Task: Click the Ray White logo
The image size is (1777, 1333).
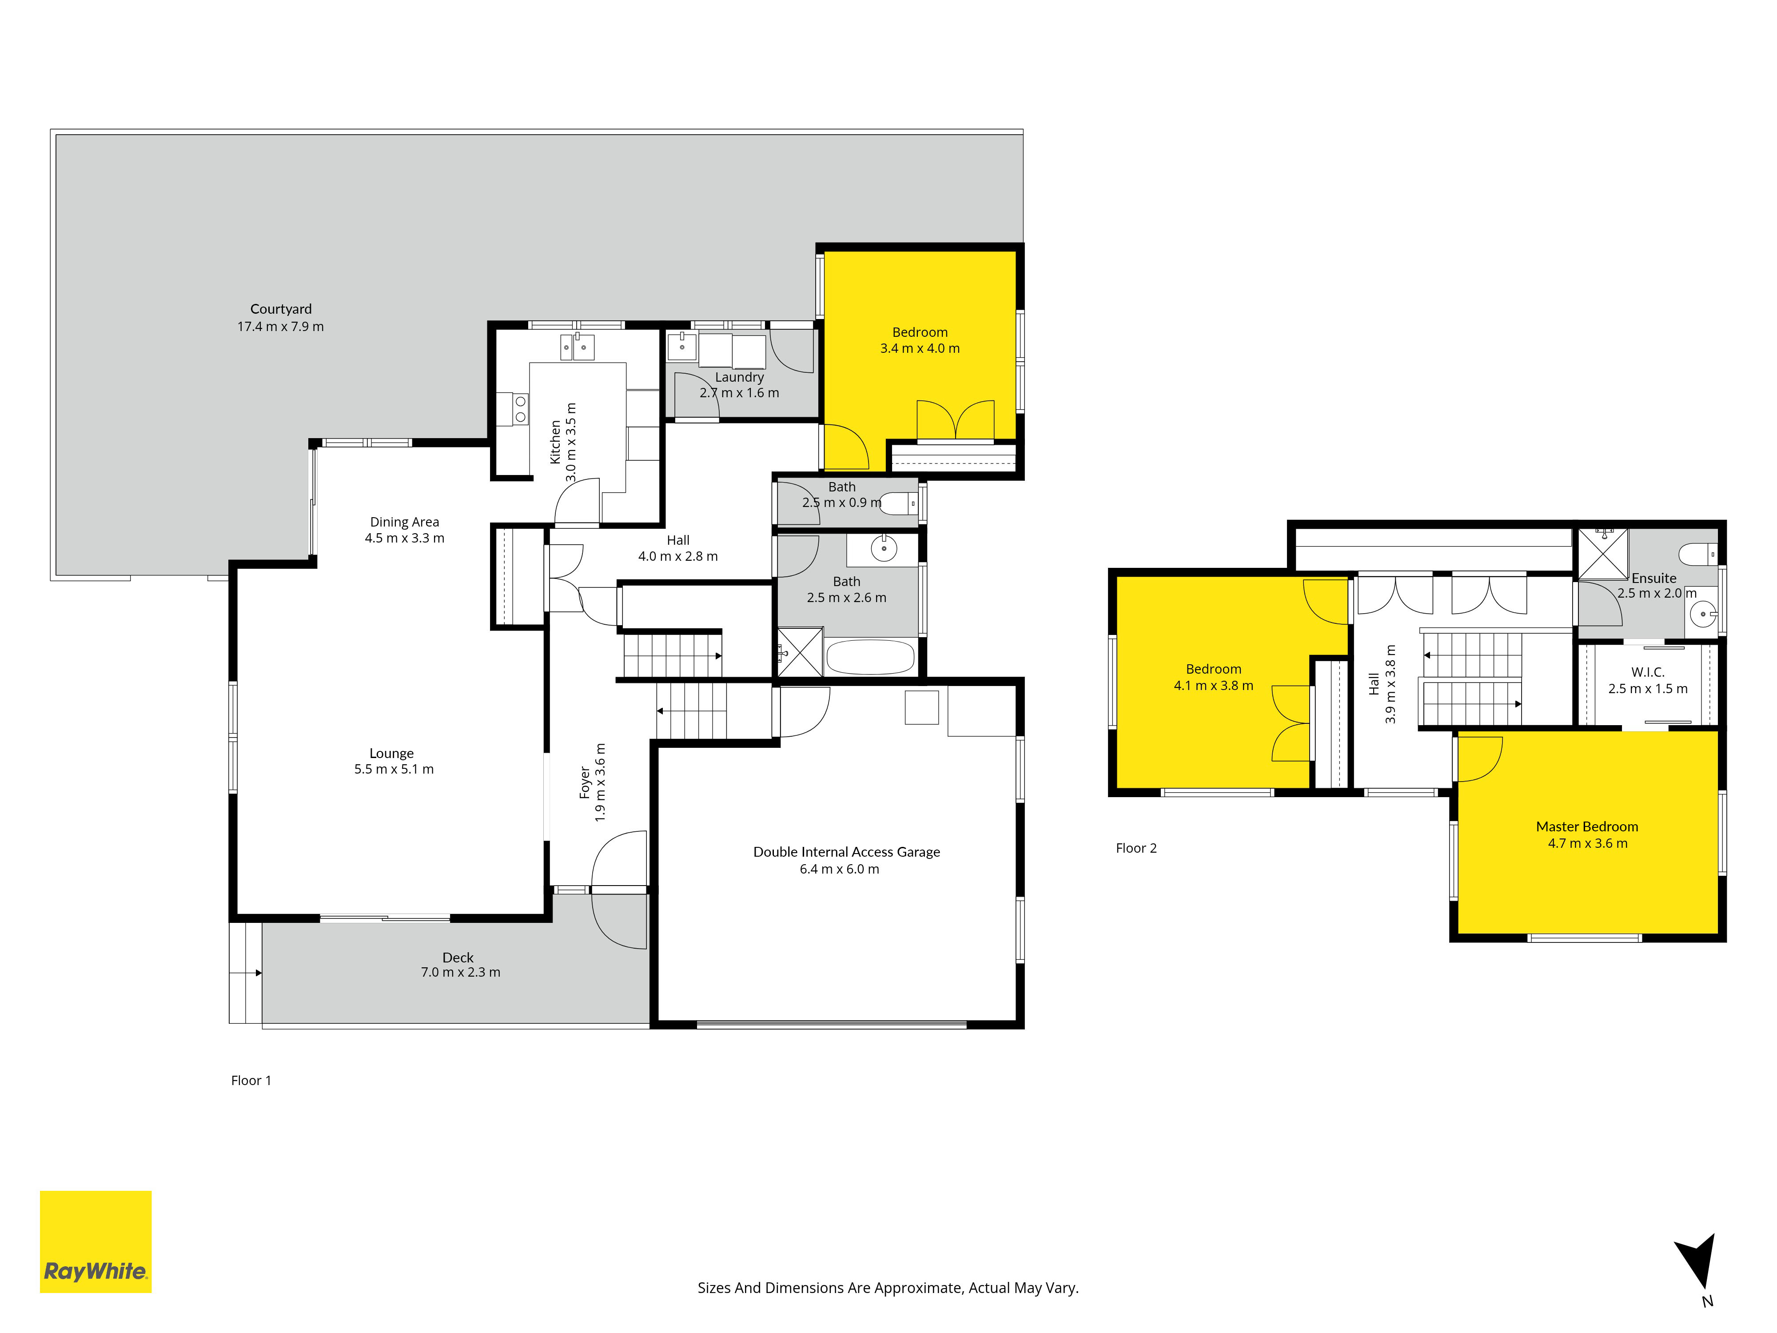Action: pos(96,1241)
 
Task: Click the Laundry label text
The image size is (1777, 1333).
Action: pos(739,377)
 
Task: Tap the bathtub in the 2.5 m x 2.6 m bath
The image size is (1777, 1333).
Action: pos(870,656)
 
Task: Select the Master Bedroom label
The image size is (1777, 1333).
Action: pos(1586,826)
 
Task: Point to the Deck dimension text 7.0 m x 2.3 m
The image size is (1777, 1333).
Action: pos(460,972)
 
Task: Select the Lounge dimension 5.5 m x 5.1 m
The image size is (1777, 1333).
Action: pos(394,769)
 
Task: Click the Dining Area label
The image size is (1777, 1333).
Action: pos(404,522)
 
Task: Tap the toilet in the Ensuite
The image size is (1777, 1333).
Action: pos(1697,555)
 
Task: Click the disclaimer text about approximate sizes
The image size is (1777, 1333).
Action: pos(888,1288)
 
